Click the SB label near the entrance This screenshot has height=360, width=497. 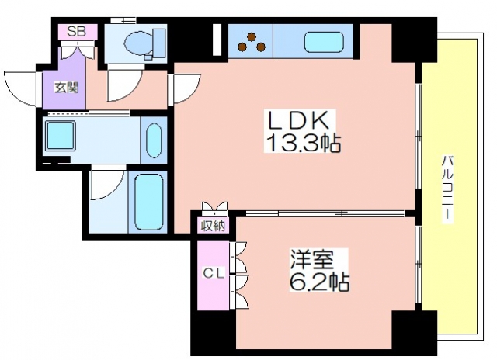[77, 32]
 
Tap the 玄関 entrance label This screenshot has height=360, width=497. [67, 88]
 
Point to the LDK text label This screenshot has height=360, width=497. [297, 119]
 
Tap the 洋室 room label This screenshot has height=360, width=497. [312, 260]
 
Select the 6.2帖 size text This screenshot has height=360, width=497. [319, 282]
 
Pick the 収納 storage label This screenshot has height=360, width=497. [214, 226]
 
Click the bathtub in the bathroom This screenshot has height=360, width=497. [148, 202]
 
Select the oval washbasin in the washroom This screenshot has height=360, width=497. [154, 140]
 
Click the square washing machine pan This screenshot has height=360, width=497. [61, 136]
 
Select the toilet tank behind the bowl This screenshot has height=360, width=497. [159, 43]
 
